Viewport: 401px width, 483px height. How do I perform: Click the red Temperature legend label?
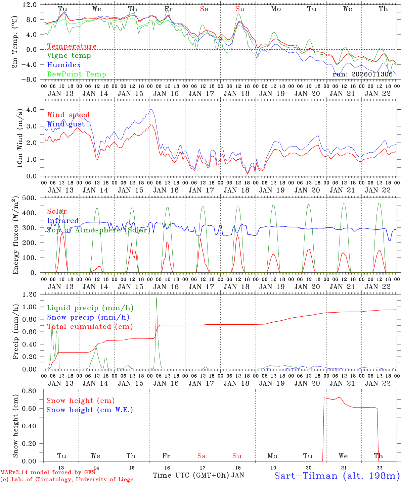click(x=72, y=46)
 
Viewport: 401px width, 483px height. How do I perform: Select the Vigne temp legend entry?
click(x=69, y=56)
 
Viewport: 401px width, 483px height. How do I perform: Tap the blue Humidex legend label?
click(x=59, y=65)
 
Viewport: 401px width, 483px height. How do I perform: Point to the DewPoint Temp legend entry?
click(x=77, y=74)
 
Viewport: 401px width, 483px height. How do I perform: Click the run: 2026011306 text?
click(x=362, y=74)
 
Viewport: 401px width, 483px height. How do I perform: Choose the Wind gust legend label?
click(x=66, y=124)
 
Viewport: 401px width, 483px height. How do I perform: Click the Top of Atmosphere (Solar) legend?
click(x=99, y=230)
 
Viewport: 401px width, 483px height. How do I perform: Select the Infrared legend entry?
click(x=63, y=221)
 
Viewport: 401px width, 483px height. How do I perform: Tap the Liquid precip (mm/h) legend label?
click(x=90, y=308)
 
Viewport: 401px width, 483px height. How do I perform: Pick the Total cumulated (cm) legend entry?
click(x=90, y=327)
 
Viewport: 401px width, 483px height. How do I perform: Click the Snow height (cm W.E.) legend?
click(x=90, y=410)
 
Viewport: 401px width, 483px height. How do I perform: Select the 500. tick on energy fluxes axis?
click(x=29, y=198)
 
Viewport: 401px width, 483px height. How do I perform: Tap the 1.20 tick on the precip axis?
click(x=30, y=294)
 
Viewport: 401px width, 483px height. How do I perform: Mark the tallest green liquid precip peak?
click(x=156, y=298)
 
